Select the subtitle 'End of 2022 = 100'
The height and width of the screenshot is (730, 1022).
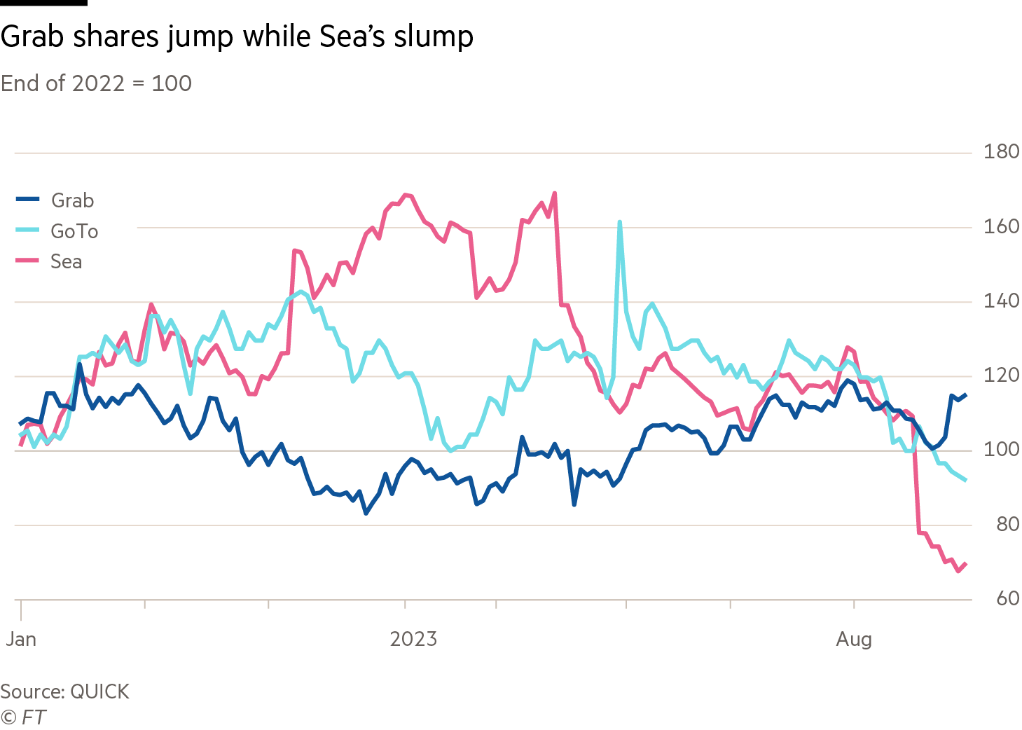(x=97, y=83)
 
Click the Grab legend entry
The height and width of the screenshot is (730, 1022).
(x=72, y=200)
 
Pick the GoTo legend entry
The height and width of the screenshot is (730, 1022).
(x=74, y=231)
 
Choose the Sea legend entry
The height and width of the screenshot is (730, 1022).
(x=66, y=262)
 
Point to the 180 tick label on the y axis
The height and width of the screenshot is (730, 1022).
(x=1001, y=151)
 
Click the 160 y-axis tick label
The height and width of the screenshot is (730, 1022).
(x=1001, y=226)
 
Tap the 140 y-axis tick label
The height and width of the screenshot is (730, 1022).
(x=1001, y=301)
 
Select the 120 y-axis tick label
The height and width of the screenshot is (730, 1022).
(x=1001, y=375)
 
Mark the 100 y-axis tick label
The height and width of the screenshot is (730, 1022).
(x=1001, y=449)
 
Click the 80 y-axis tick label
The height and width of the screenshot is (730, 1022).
(x=1007, y=524)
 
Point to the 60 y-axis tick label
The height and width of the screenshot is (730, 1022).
(x=1007, y=598)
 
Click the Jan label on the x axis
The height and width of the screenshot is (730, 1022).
(x=21, y=639)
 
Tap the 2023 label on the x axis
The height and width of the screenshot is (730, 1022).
(x=413, y=639)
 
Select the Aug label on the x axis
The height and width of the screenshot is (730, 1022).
(x=854, y=639)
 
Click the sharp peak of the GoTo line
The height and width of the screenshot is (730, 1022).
(x=620, y=222)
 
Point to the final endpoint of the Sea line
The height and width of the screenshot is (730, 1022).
(x=966, y=564)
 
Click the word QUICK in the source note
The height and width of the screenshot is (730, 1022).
(x=100, y=691)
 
